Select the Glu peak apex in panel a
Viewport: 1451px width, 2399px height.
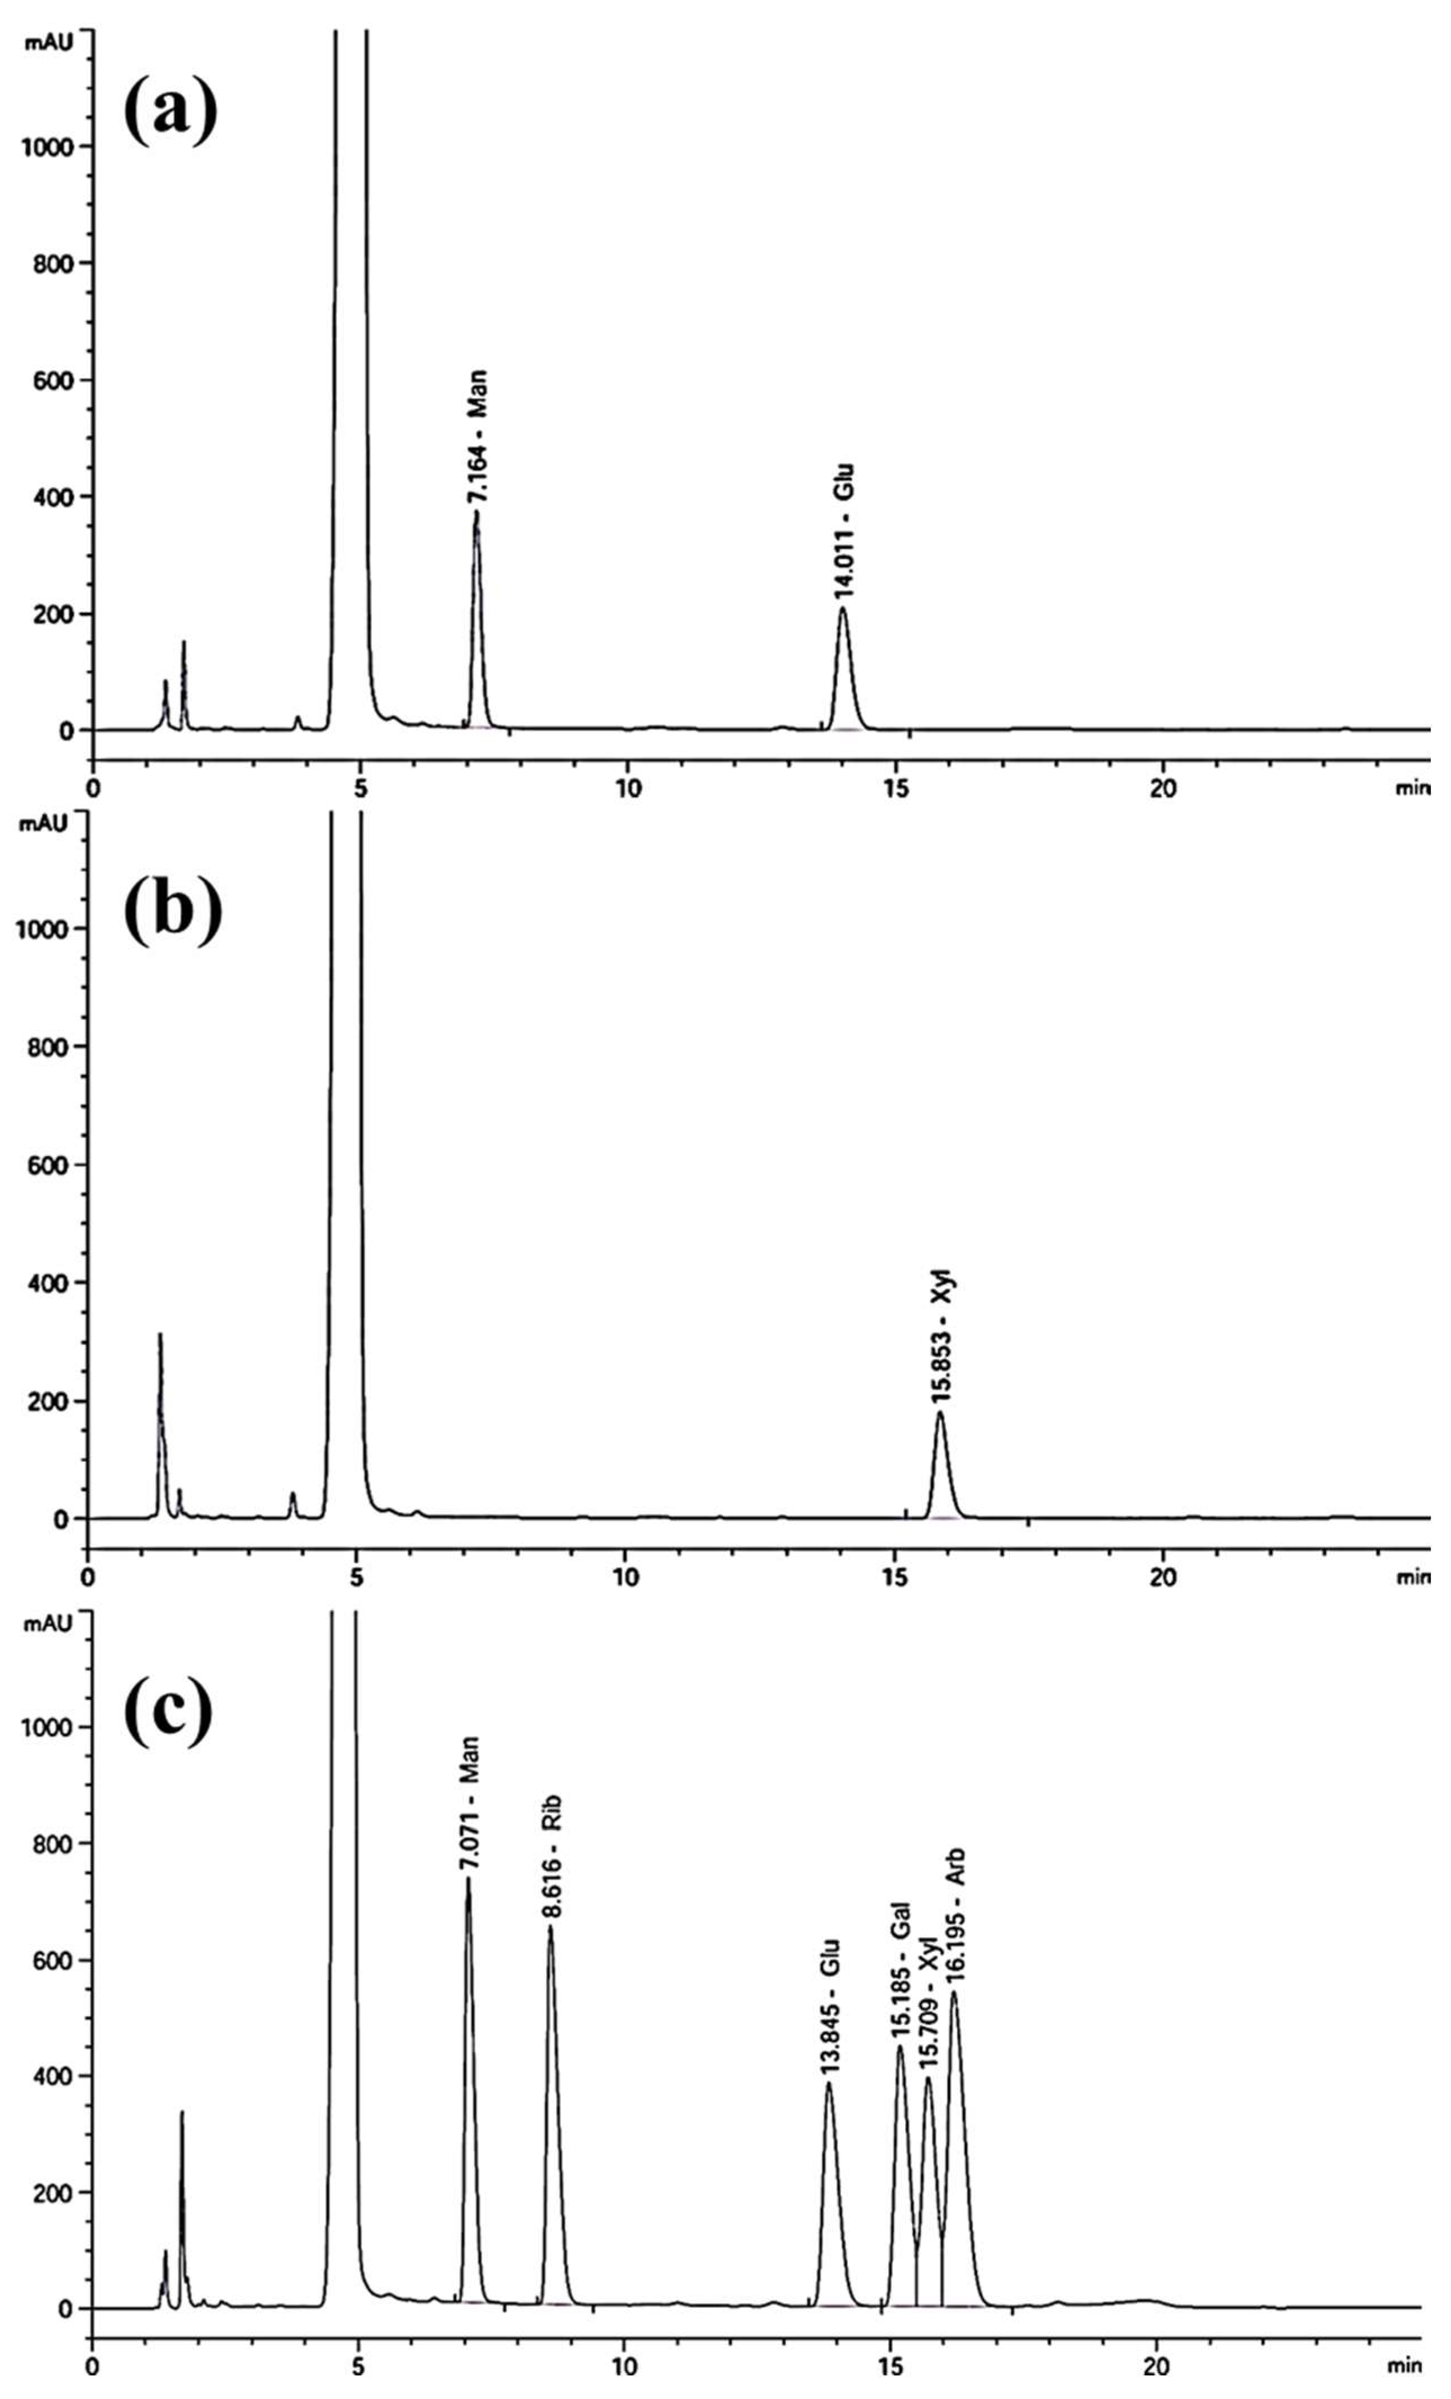(843, 607)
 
